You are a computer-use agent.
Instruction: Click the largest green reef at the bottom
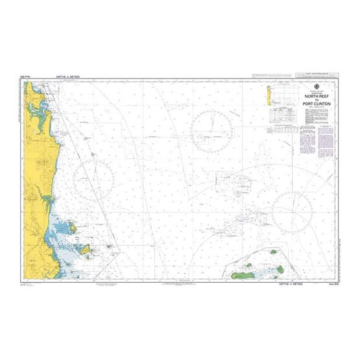[x=245, y=274]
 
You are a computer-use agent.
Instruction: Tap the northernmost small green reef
[x=274, y=251]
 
